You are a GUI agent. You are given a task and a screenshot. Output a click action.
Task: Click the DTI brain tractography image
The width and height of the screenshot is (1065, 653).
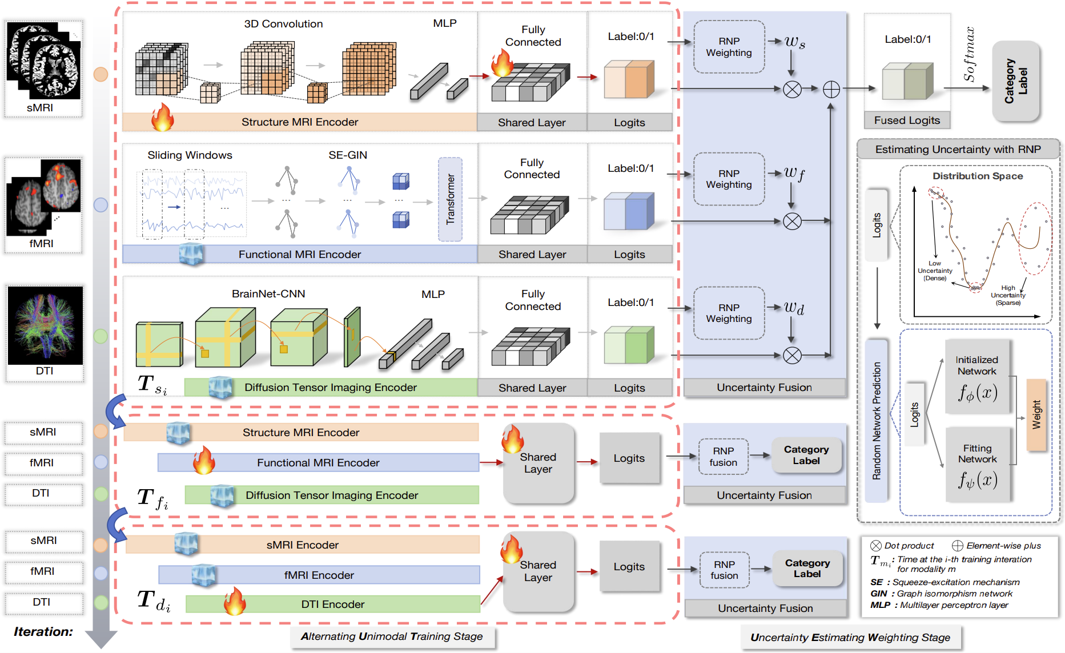click(45, 326)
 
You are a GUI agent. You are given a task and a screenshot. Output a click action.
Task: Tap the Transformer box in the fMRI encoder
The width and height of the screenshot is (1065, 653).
click(451, 199)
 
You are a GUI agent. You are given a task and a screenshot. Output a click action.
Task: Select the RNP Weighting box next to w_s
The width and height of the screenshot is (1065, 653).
click(729, 47)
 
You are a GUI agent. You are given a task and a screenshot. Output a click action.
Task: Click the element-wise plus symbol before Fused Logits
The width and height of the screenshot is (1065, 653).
click(831, 89)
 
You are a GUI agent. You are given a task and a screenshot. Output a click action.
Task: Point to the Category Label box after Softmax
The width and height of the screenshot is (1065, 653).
click(1016, 81)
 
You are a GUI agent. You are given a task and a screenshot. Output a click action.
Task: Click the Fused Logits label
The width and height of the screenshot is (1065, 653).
click(907, 120)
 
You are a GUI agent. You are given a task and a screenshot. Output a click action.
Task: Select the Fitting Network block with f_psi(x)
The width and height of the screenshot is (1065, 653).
click(978, 465)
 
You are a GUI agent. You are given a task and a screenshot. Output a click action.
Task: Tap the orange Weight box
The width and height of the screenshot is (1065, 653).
click(1036, 415)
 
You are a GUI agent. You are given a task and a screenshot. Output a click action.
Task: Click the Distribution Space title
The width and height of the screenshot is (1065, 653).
click(978, 176)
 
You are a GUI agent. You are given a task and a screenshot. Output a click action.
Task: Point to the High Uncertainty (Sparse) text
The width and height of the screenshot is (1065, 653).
click(1008, 295)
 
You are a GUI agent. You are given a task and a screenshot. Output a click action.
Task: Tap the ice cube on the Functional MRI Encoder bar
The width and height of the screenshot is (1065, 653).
click(191, 254)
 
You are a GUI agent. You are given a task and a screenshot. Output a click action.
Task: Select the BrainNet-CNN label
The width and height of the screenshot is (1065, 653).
click(268, 293)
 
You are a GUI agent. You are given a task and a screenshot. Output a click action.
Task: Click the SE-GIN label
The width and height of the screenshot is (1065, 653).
click(348, 155)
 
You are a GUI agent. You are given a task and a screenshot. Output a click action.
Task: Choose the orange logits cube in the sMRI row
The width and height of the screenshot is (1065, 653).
click(629, 79)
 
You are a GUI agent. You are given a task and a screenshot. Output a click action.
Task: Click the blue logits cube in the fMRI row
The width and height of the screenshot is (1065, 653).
click(629, 211)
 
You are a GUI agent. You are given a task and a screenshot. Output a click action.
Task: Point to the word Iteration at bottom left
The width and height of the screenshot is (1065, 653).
click(43, 631)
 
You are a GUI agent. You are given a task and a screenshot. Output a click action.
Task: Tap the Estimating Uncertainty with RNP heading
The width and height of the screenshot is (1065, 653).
click(958, 150)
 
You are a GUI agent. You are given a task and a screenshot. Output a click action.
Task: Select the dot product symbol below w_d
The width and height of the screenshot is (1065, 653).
click(792, 356)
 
